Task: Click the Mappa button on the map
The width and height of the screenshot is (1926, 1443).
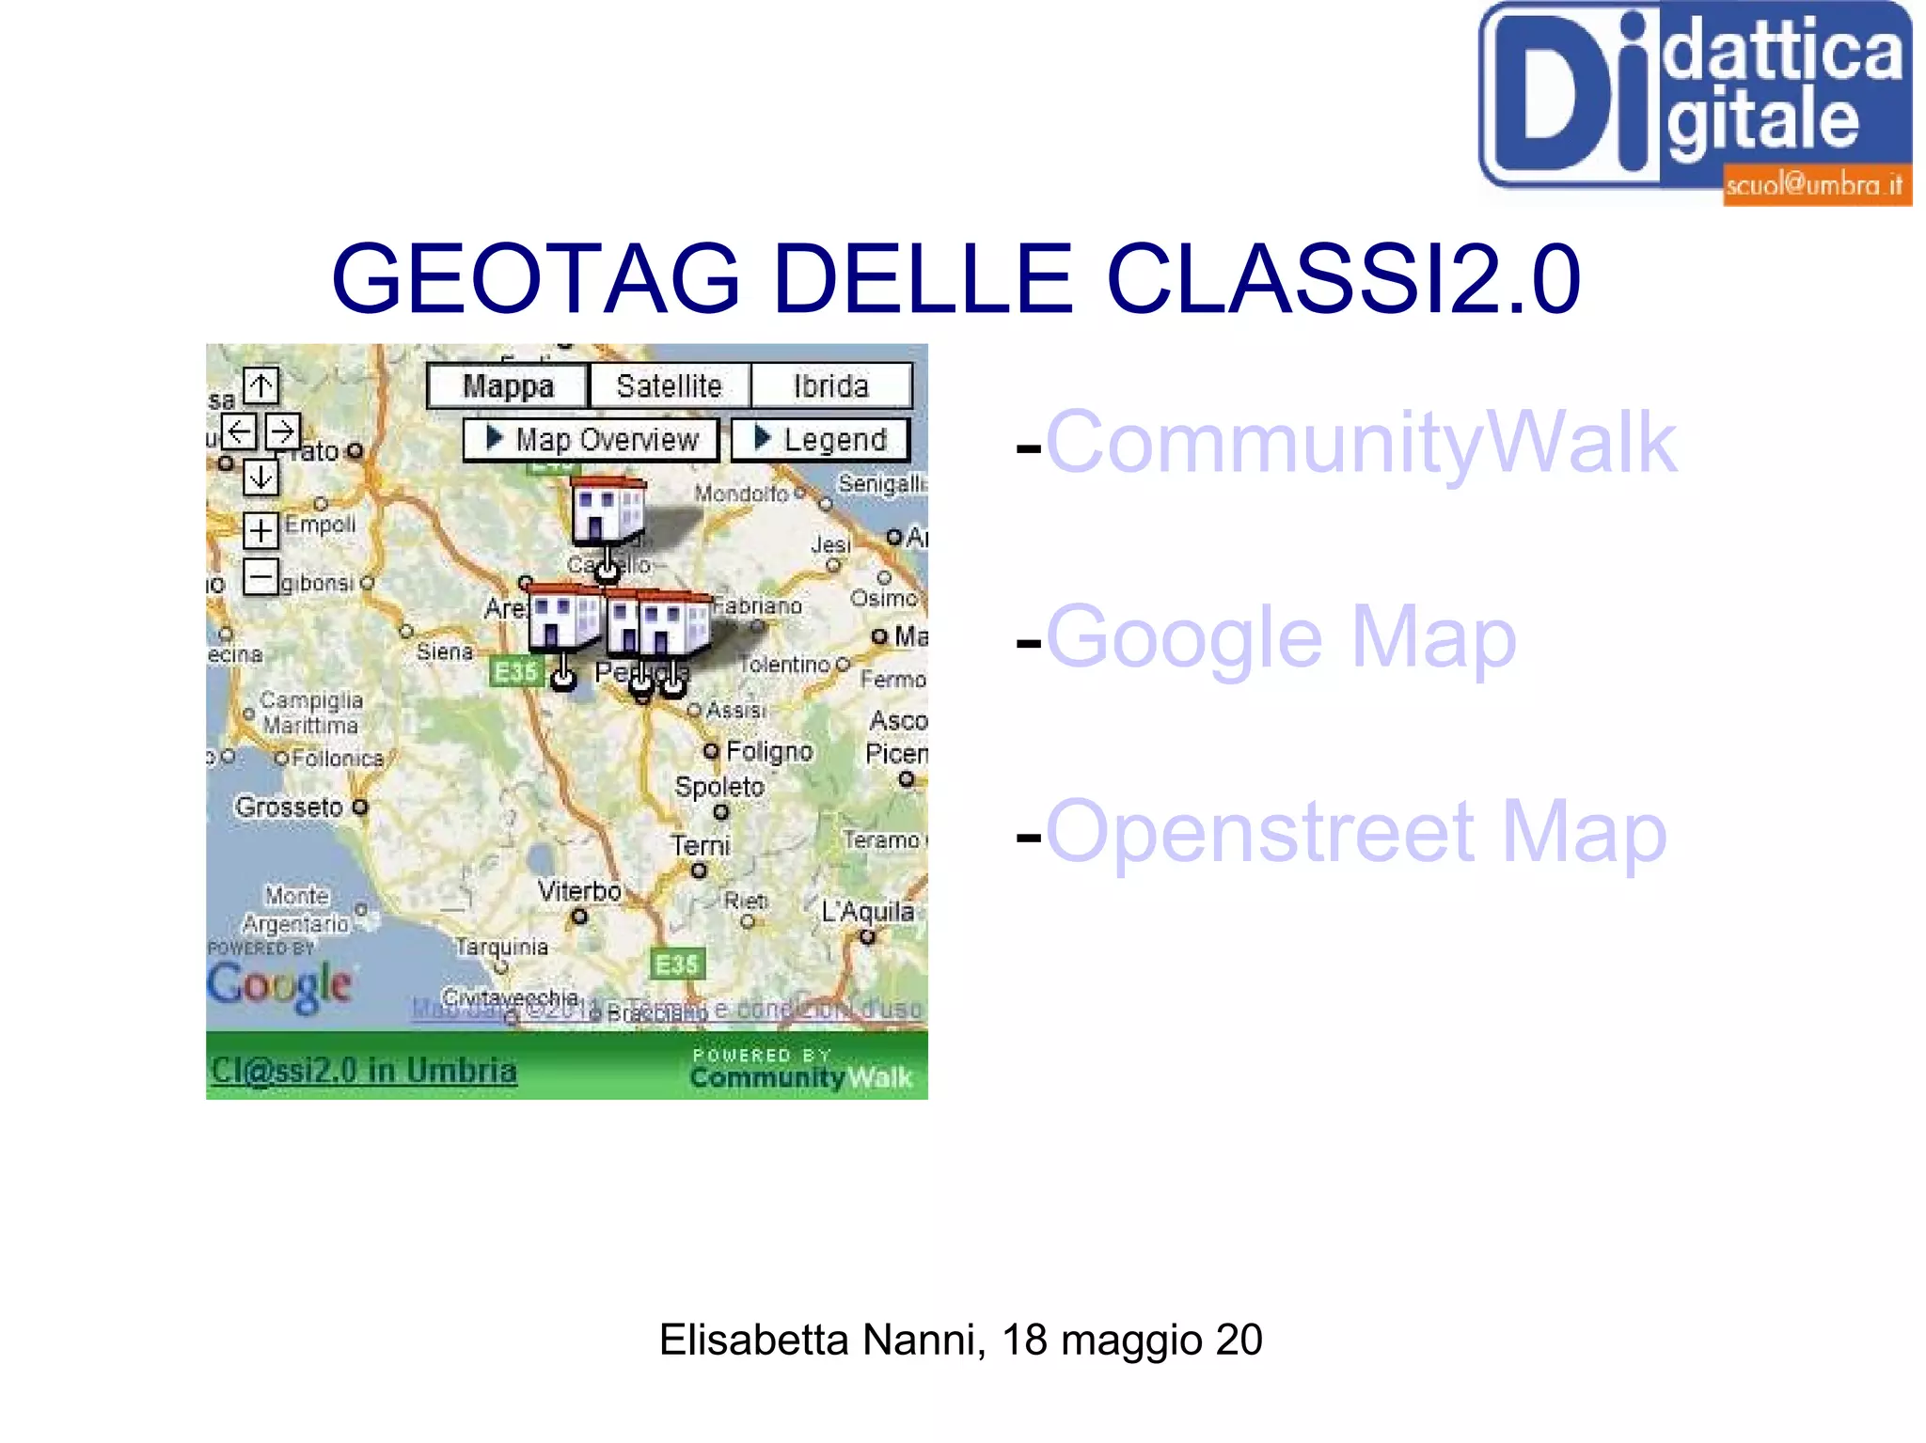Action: [x=508, y=386]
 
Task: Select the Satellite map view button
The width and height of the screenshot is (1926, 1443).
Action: [x=670, y=386]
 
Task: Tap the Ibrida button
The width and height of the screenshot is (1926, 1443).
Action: [x=831, y=386]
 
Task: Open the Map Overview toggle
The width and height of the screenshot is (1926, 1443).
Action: [x=592, y=440]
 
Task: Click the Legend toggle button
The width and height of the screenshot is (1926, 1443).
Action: [x=821, y=440]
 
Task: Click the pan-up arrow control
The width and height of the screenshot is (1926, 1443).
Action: [x=261, y=384]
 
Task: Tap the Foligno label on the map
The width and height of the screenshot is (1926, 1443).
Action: [x=769, y=751]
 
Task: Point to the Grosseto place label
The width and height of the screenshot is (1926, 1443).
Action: [x=290, y=807]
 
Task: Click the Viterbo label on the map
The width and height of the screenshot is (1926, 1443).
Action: [x=579, y=890]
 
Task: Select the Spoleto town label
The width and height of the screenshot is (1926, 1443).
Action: [x=719, y=787]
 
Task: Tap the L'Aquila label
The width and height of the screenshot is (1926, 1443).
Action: [x=867, y=911]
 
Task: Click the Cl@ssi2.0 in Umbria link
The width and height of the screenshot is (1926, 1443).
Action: [x=364, y=1071]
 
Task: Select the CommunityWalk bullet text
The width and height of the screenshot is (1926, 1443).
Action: [x=1361, y=442]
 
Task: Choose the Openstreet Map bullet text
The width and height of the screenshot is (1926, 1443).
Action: [x=1356, y=832]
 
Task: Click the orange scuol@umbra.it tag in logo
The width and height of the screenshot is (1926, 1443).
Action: [x=1814, y=185]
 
